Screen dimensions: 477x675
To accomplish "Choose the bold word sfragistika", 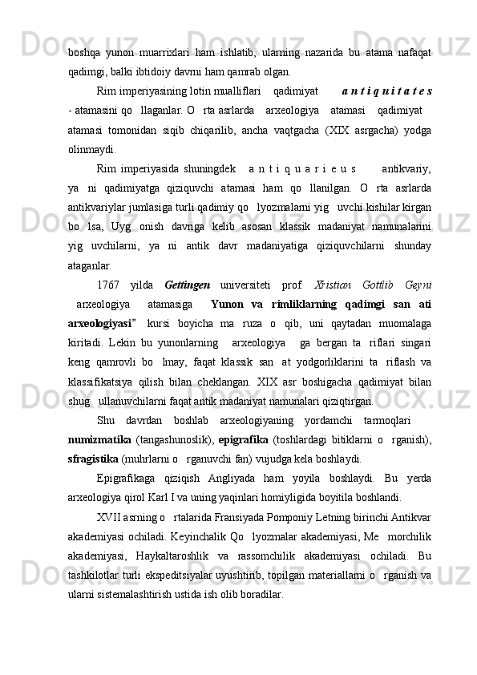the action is [95, 414].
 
